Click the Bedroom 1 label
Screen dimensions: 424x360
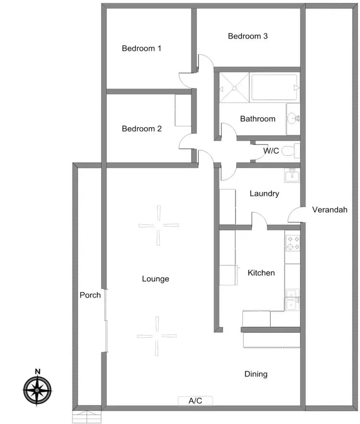pos(141,48)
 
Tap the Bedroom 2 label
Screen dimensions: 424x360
pos(142,129)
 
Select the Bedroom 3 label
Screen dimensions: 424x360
pos(248,36)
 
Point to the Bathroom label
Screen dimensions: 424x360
pos(258,119)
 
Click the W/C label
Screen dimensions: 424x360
pos(271,151)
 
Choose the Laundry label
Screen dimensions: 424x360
pos(264,194)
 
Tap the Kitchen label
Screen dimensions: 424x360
pos(261,273)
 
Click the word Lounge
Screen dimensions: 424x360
pos(156,279)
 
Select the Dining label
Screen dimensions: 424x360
pos(256,374)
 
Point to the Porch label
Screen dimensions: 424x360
pos(90,295)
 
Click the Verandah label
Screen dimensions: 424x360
pos(329,210)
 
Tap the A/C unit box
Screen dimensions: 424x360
pos(195,400)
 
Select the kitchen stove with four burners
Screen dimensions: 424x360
pos(292,243)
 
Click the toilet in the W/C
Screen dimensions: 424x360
pos(289,151)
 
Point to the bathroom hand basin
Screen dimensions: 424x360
pos(293,117)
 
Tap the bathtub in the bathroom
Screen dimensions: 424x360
pos(274,87)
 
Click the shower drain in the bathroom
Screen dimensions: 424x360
pos(234,87)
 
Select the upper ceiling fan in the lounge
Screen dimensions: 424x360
pos(158,225)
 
